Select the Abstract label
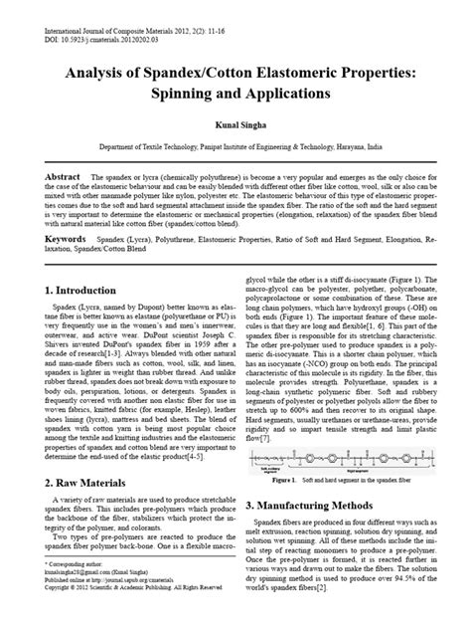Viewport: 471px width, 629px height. [63, 174]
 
